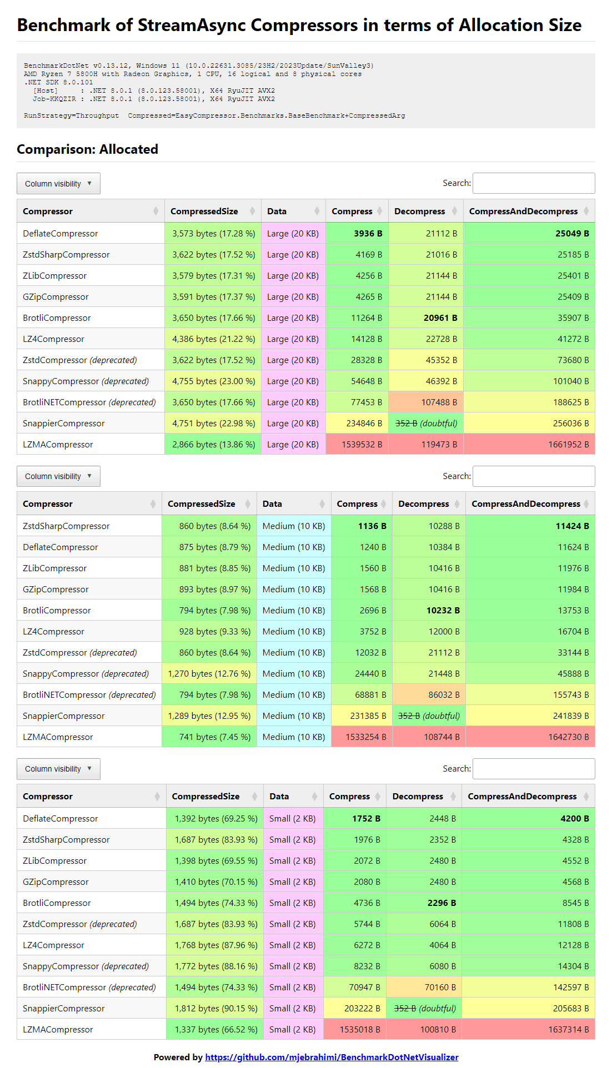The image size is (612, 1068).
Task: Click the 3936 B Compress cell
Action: tap(368, 234)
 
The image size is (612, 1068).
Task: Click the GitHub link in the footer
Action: tap(332, 1057)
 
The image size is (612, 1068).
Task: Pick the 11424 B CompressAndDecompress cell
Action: tap(572, 526)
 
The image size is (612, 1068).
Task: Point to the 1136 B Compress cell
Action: tap(372, 526)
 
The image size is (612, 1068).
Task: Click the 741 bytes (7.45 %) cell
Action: tap(215, 737)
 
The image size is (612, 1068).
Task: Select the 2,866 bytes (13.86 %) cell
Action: tap(214, 445)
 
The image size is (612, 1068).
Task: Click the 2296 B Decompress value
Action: tap(442, 903)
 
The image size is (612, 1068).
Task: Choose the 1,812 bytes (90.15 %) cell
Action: tap(216, 1009)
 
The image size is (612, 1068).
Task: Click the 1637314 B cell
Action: tap(568, 1030)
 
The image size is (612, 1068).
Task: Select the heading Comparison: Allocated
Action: tap(87, 149)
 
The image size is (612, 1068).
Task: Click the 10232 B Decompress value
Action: tap(443, 611)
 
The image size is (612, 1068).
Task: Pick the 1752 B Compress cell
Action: tap(366, 819)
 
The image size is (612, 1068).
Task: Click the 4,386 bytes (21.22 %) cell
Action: tap(214, 339)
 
